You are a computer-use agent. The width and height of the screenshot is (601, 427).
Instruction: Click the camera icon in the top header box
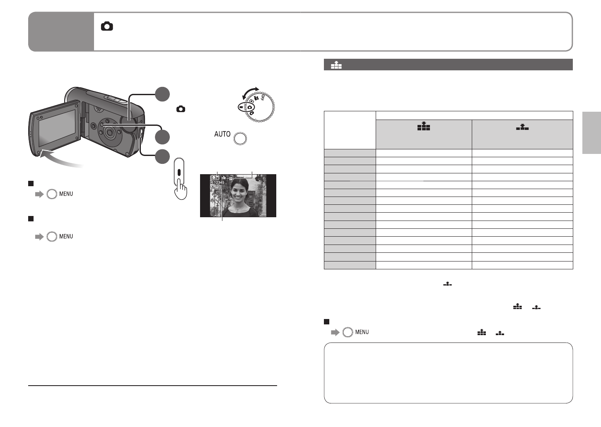[107, 26]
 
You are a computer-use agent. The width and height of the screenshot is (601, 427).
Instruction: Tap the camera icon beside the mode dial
[181, 109]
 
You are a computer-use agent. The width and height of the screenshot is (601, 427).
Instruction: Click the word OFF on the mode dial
[263, 97]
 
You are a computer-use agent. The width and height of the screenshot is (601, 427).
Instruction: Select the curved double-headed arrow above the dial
[250, 92]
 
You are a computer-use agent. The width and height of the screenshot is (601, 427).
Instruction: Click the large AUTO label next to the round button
[222, 134]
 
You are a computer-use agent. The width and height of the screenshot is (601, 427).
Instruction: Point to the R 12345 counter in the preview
[217, 182]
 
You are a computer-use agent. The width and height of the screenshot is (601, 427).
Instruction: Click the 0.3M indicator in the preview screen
[215, 178]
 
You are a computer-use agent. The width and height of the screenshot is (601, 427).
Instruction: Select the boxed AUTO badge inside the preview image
[215, 187]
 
